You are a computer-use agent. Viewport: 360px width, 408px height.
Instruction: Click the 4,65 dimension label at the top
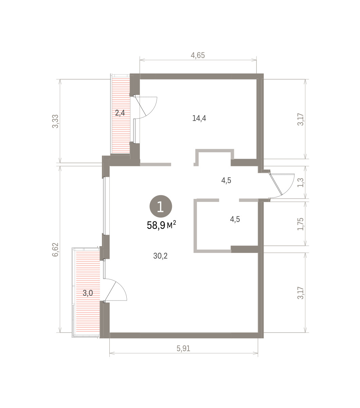198,55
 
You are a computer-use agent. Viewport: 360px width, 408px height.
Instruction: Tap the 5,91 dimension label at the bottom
183,348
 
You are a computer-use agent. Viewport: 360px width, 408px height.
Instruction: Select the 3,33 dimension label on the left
55,121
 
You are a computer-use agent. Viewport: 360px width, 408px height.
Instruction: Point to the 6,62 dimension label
55,250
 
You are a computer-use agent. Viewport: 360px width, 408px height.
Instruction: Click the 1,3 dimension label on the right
300,183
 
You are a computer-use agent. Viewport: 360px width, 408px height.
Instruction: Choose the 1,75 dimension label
300,224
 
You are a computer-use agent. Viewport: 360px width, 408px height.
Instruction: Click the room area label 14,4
199,118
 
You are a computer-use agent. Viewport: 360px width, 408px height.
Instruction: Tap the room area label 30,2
160,256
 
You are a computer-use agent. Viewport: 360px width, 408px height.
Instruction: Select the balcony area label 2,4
120,113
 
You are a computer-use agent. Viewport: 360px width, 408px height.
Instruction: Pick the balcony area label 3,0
88,293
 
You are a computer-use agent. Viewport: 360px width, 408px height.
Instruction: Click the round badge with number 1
161,206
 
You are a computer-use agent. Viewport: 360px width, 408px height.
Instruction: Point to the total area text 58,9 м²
161,225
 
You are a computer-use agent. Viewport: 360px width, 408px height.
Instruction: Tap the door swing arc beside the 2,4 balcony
153,110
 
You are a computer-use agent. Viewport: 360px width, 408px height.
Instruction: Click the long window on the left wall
104,205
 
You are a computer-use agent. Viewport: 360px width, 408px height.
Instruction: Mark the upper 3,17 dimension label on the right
300,119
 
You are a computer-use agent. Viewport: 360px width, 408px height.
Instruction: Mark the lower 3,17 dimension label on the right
300,293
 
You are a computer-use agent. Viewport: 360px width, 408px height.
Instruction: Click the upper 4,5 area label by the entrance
226,181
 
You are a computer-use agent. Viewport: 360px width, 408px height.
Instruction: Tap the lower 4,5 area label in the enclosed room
235,219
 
